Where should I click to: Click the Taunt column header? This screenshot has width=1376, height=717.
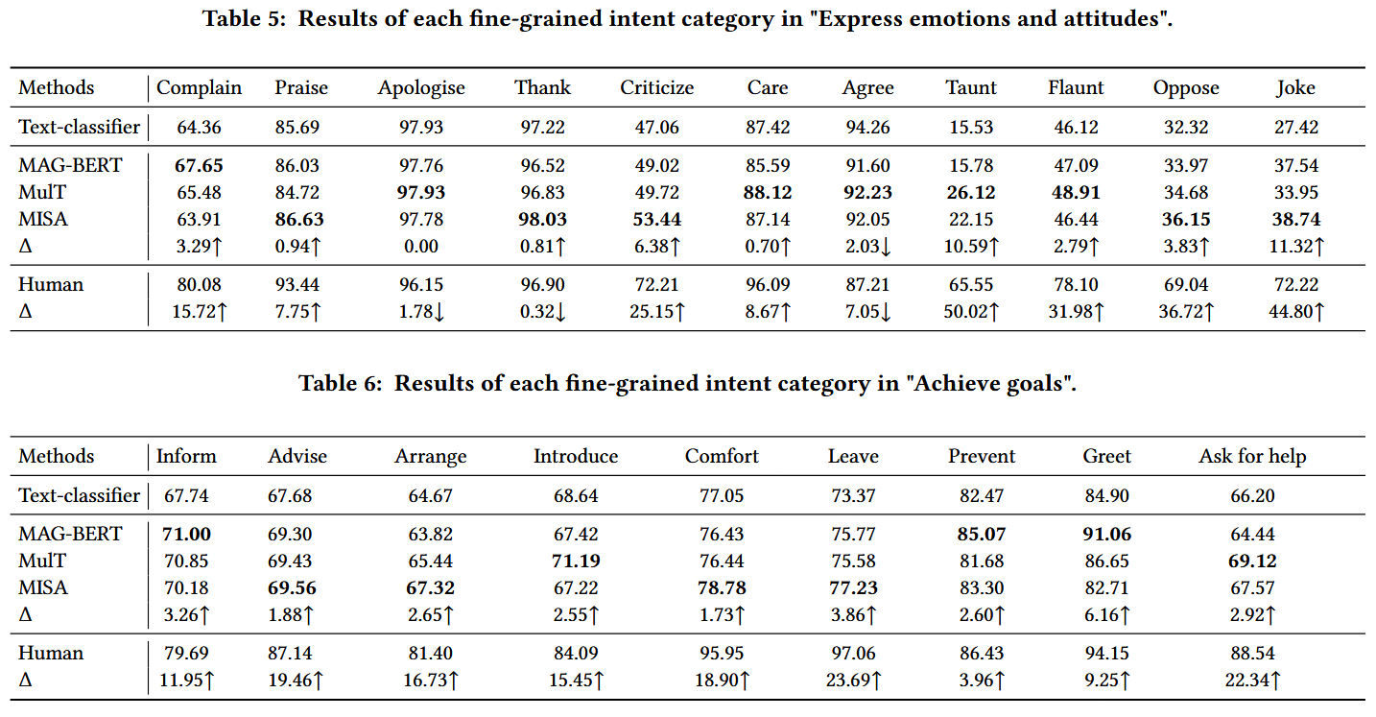point(971,87)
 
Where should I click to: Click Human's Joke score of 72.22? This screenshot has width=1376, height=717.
point(1296,284)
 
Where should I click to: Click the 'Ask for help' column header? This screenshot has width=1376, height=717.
point(1252,456)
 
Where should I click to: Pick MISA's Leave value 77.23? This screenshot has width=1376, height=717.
point(852,587)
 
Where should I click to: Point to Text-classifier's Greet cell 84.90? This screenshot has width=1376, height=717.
point(1106,495)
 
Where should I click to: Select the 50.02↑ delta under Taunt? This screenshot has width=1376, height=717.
point(971,311)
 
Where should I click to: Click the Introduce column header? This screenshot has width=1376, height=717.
point(576,456)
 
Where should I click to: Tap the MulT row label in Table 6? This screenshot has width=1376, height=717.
point(44,561)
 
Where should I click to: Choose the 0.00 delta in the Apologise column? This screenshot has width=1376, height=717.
point(421,246)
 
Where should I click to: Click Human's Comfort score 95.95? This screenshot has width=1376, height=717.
point(722,653)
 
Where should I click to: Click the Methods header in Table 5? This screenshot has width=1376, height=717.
point(57,87)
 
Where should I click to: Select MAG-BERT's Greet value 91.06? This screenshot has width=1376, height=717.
point(1106,534)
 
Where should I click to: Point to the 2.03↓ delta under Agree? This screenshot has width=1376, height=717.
point(867,246)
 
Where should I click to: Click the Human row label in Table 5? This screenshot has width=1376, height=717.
point(51,284)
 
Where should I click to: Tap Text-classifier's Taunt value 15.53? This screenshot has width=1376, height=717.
point(971,127)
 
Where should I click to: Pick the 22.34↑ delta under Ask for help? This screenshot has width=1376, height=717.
point(1252,680)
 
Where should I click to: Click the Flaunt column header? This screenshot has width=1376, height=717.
point(1076,87)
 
